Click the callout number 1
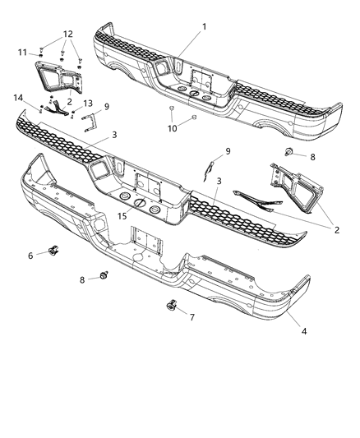(204, 26)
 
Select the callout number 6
(30, 256)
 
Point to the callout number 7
(192, 317)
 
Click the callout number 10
(173, 128)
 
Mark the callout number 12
(68, 34)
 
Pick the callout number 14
(16, 98)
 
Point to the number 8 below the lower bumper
(81, 280)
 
